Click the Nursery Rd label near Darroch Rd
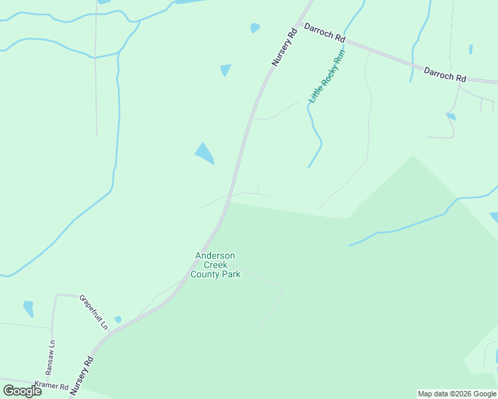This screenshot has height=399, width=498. click(284, 47)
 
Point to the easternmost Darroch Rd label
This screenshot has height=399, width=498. click(445, 73)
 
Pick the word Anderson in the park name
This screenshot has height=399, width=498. click(215, 256)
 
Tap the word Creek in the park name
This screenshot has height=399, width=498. click(215, 265)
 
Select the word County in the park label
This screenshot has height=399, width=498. click(205, 274)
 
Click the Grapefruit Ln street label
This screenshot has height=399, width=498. click(93, 312)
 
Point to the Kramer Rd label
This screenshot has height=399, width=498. click(52, 386)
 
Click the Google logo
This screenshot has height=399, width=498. click(22, 391)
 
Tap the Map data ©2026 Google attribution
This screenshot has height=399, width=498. click(457, 394)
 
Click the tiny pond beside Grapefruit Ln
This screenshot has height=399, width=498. click(118, 319)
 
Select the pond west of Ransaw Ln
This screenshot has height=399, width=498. click(29, 309)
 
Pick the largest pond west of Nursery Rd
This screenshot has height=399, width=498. click(204, 153)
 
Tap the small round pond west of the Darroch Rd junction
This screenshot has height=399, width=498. click(254, 28)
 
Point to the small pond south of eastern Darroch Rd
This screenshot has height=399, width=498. click(451, 116)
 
